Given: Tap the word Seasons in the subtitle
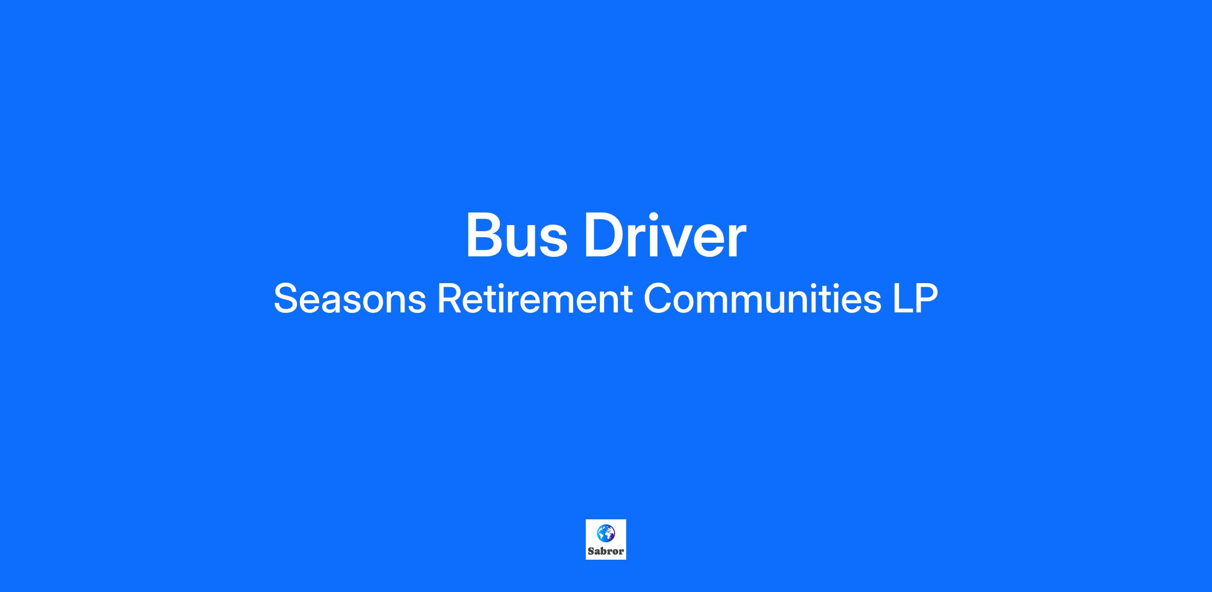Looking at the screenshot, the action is click(x=349, y=298).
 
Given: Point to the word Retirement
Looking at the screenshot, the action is click(x=534, y=298).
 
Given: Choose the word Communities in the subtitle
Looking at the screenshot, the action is click(x=762, y=298).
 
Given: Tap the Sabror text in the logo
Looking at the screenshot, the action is click(x=605, y=551).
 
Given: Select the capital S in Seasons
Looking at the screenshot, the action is click(x=286, y=298).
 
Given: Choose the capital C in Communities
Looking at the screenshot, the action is click(x=658, y=298).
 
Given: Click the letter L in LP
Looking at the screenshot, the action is click(x=902, y=298).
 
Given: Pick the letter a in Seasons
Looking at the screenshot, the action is click(x=339, y=303).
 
